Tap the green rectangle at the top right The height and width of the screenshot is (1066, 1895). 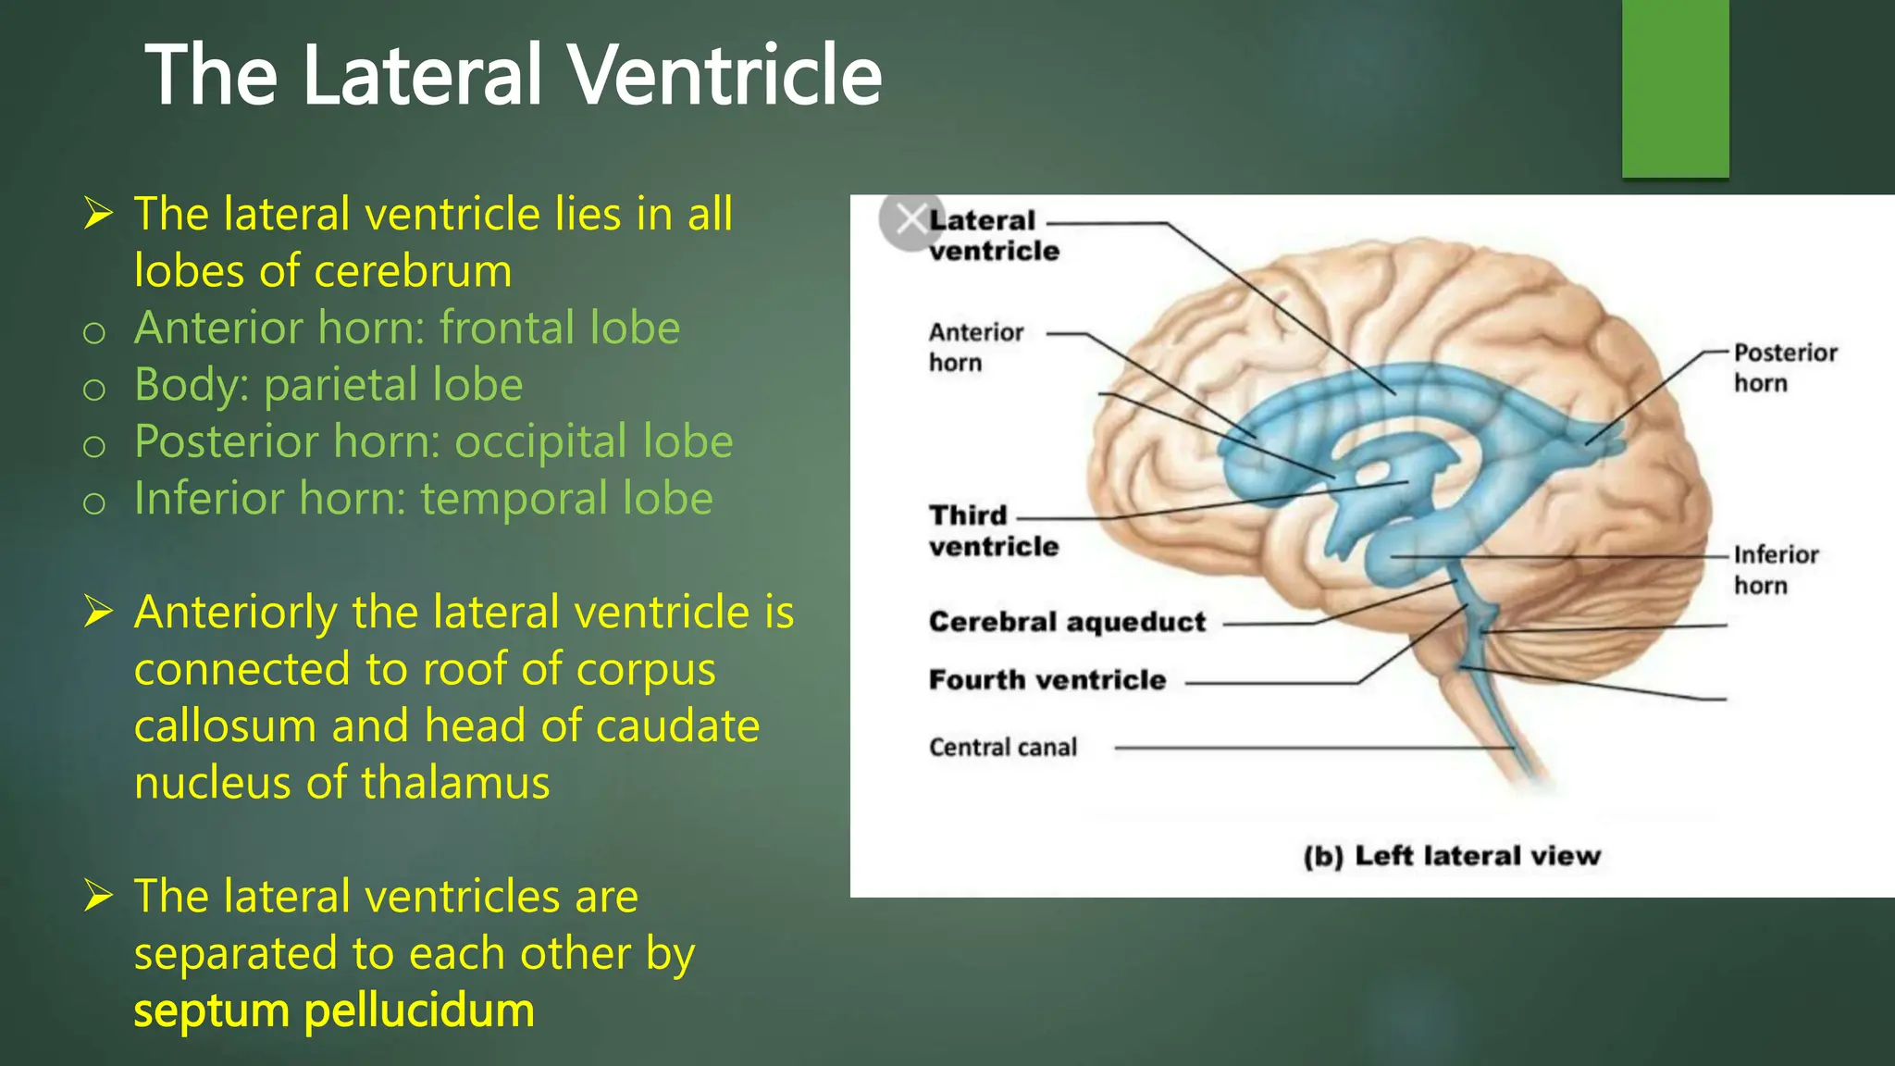(1675, 88)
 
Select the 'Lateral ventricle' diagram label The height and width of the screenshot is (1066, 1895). (993, 235)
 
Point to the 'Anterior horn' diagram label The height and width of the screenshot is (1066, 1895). (975, 347)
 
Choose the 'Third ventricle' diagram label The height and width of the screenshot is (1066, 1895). (993, 530)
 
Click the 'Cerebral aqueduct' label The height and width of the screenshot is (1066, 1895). (1067, 622)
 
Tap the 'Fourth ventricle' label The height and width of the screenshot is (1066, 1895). (1047, 680)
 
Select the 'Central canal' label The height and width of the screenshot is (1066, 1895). (1003, 748)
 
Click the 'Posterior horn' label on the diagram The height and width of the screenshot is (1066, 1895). (1785, 367)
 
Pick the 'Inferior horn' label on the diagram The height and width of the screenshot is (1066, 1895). (1776, 570)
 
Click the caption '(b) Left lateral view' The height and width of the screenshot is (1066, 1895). (1451, 856)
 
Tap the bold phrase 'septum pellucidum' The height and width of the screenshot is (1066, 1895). (334, 1010)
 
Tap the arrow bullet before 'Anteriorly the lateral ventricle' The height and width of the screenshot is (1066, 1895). (98, 612)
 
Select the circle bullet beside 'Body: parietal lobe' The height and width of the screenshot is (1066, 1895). (94, 390)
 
